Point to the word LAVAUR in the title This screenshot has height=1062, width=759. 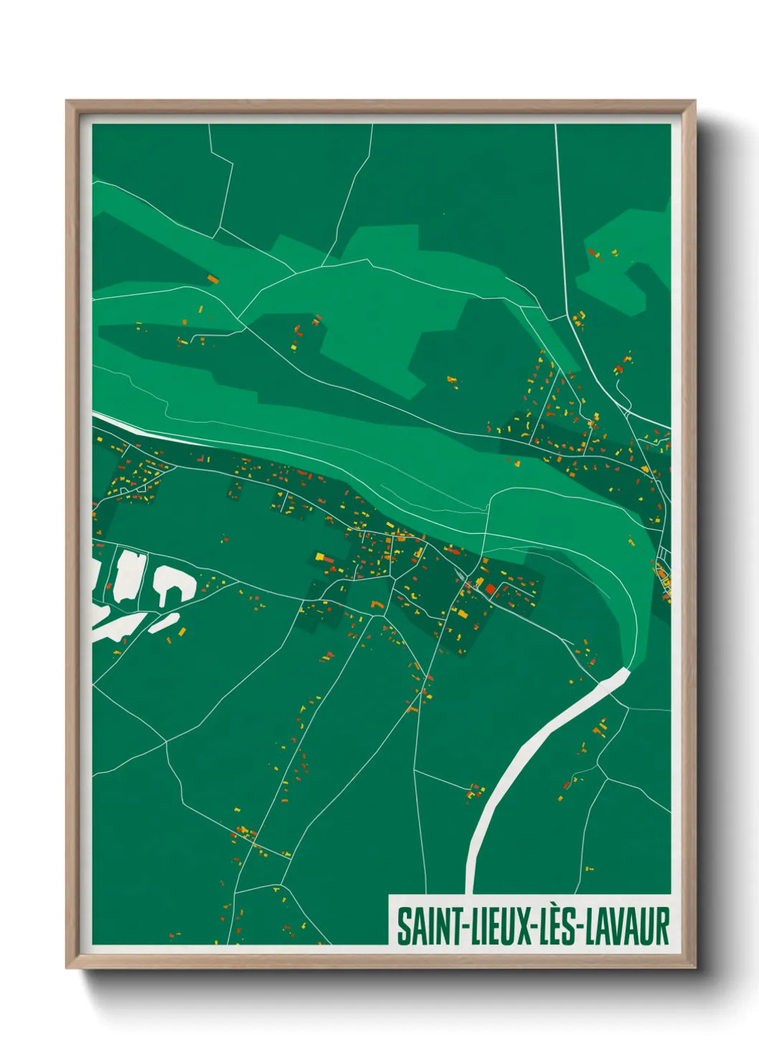628,926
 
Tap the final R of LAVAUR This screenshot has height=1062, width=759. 663,926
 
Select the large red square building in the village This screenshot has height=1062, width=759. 491,589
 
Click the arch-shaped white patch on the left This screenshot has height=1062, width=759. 172,583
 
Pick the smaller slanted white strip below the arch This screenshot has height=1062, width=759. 164,622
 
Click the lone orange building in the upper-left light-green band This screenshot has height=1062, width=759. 212,279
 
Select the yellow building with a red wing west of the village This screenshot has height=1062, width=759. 321,557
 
